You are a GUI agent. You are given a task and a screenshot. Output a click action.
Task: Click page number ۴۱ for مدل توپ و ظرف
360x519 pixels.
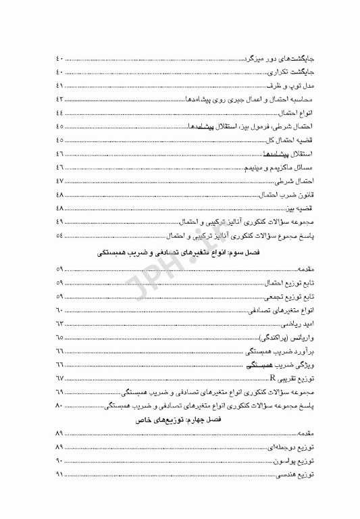coord(59,86)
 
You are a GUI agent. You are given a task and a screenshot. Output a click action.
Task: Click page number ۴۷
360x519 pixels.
coord(59,180)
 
